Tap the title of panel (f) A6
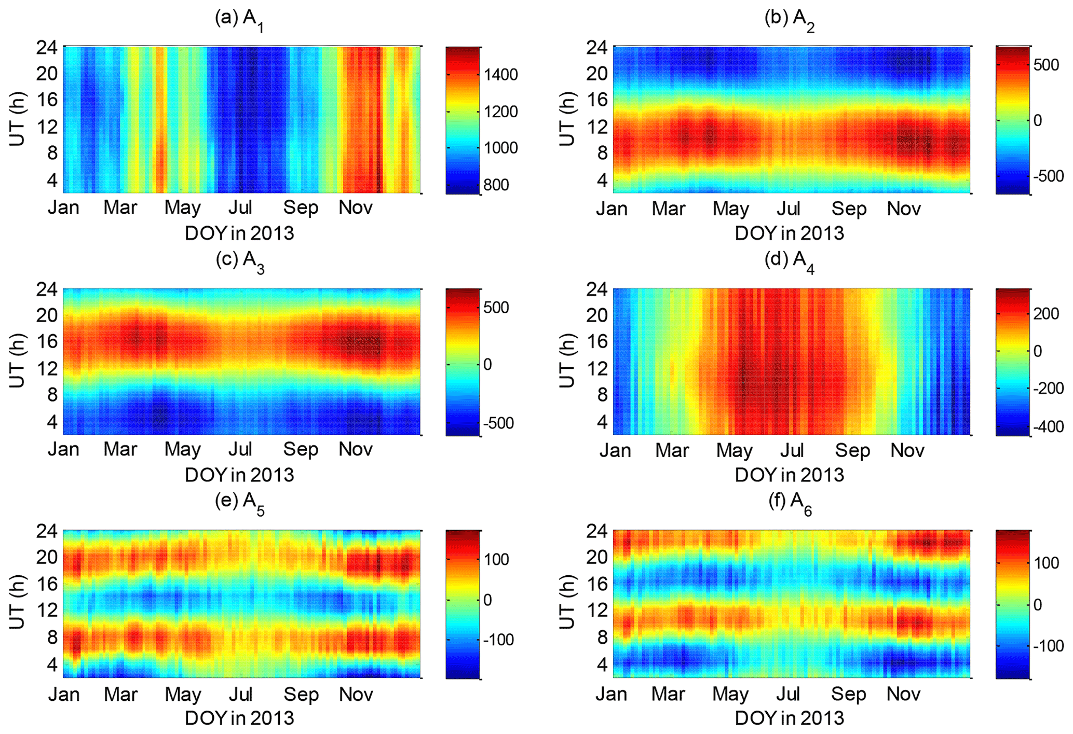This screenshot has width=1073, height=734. (790, 503)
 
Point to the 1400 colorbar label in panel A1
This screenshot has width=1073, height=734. (500, 75)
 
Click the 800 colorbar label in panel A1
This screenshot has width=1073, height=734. (496, 185)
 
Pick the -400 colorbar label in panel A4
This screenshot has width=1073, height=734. (1048, 426)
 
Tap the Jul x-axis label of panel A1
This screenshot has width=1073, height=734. (240, 207)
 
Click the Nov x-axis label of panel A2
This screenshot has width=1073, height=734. (903, 209)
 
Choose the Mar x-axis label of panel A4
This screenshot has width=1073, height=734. (672, 450)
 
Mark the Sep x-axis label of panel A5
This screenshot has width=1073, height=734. (301, 694)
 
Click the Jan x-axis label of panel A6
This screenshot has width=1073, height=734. (611, 694)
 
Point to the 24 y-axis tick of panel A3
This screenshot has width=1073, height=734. (47, 289)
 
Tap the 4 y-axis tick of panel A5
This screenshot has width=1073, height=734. (52, 664)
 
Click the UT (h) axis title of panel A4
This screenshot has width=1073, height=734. (567, 361)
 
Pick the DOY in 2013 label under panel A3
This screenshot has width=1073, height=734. (239, 475)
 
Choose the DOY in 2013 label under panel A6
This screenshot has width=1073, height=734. (789, 718)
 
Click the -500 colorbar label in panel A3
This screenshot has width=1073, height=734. (498, 423)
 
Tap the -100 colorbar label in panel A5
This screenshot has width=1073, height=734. (498, 640)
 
